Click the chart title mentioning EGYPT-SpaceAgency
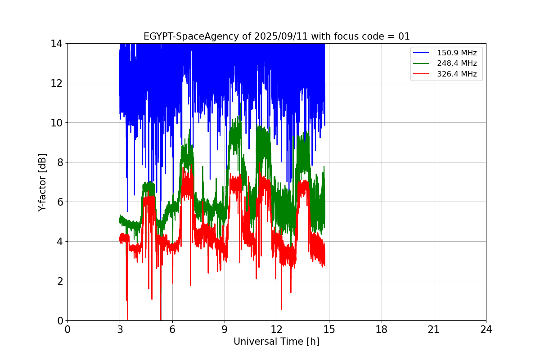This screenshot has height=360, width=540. (x=276, y=36)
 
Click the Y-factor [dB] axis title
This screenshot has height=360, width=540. (x=42, y=182)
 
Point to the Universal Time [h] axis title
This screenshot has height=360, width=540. (x=276, y=342)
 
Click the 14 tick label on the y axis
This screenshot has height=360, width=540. (x=56, y=44)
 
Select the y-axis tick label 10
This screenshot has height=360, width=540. (x=56, y=123)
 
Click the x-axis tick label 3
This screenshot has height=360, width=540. (x=120, y=330)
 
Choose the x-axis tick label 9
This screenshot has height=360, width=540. (x=225, y=330)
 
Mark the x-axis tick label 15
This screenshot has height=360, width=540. (x=329, y=330)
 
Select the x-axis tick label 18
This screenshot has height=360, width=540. (x=382, y=330)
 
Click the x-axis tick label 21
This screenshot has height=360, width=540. (x=434, y=330)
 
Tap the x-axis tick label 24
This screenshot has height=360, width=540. (x=486, y=330)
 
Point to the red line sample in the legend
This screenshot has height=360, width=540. (x=421, y=74)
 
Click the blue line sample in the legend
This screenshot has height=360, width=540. (x=421, y=53)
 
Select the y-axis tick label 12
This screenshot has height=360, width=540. (x=56, y=83)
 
